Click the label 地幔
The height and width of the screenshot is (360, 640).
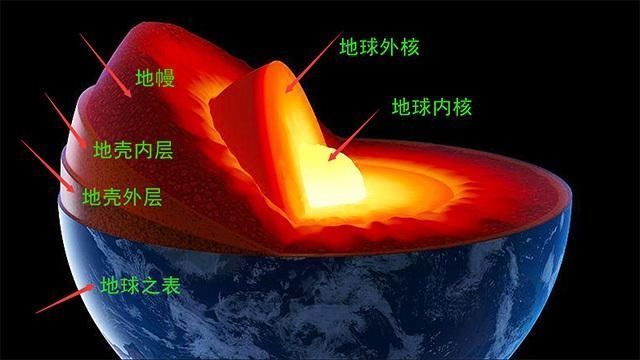pos(155,78)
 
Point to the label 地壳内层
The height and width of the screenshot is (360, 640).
pos(132,151)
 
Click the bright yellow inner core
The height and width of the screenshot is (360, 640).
pos(330,180)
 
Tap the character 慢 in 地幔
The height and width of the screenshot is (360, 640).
pos(166,78)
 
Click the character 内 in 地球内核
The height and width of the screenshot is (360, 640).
pos(443,106)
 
